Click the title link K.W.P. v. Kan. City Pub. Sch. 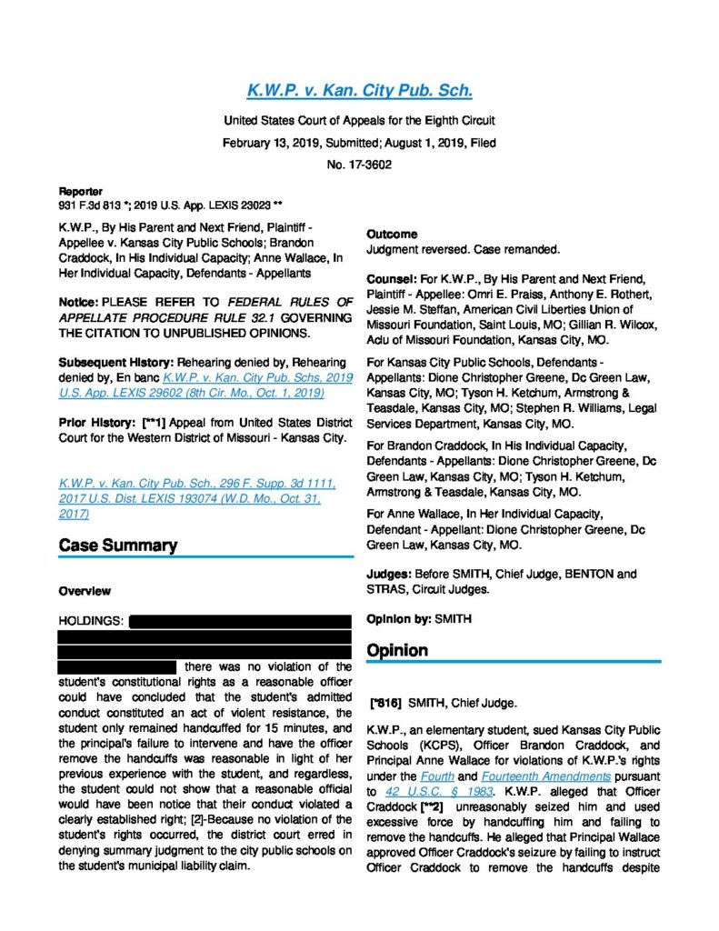359,91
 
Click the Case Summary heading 117,546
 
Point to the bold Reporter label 80,192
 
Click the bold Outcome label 392,235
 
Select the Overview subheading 85,591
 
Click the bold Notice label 78,301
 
